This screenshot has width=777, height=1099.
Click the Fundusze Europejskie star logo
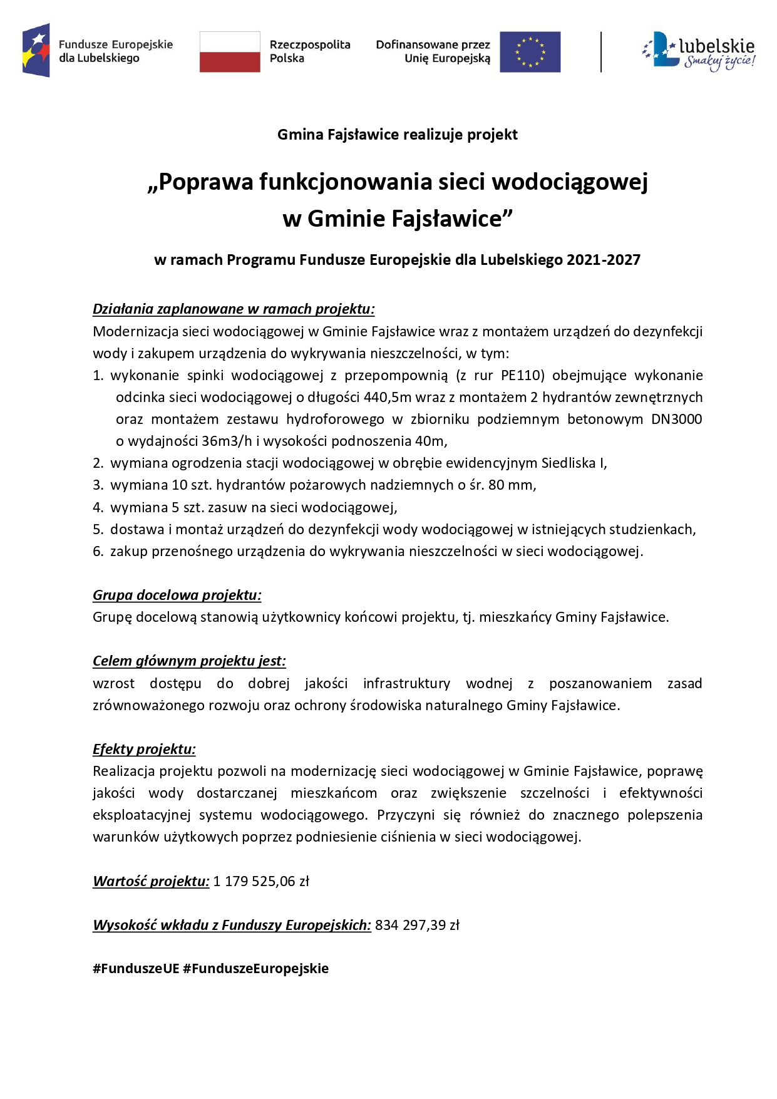point(36,51)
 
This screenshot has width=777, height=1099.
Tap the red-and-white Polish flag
point(230,52)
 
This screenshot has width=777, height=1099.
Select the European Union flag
point(530,52)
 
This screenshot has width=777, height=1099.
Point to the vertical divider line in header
point(601,52)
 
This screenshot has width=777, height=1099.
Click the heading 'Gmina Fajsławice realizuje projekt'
point(397,135)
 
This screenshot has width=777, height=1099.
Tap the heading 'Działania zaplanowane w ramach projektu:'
point(234,309)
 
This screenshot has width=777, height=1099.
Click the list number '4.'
point(98,507)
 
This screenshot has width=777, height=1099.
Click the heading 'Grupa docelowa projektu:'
point(177,595)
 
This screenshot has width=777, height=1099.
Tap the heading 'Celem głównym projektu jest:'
point(189,661)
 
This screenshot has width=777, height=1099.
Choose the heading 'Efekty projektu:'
point(144,749)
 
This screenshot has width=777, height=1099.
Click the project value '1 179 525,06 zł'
point(261,881)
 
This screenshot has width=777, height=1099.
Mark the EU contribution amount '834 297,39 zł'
point(417,925)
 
